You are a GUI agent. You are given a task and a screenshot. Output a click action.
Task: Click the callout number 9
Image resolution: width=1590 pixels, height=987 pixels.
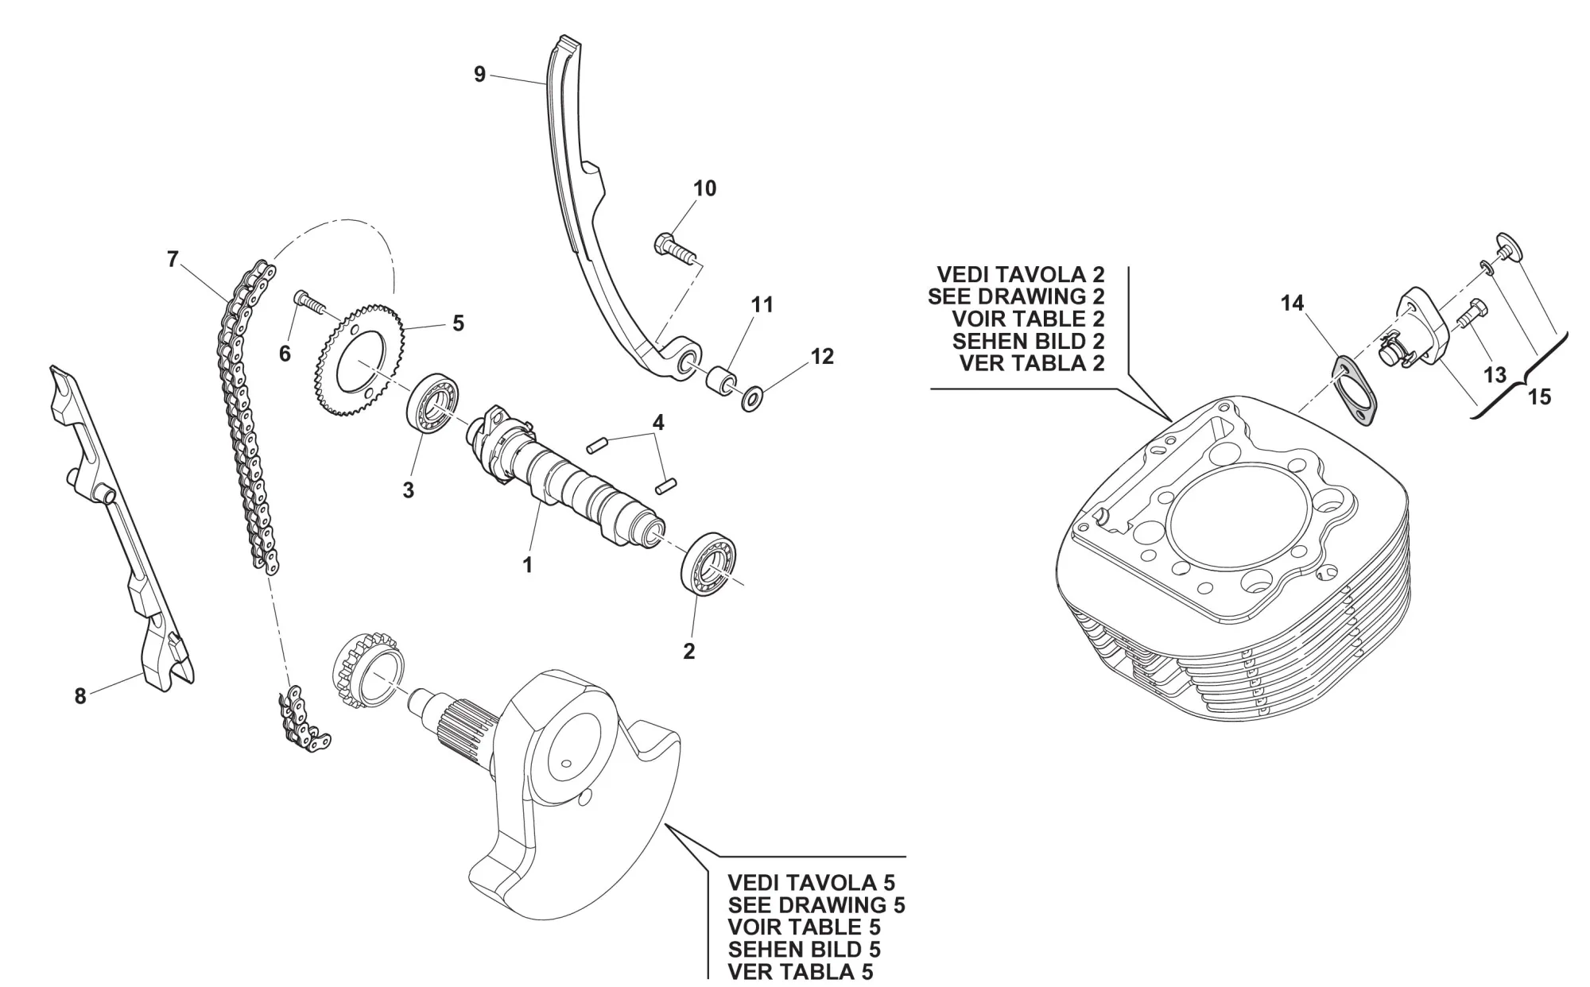click(x=479, y=75)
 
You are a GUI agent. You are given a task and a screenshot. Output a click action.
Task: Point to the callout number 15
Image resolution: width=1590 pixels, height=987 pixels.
click(x=1539, y=397)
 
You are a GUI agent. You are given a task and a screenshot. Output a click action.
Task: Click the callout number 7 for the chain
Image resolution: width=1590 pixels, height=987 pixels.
click(x=173, y=260)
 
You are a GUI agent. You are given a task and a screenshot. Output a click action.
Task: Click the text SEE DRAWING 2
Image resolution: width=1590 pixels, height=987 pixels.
click(x=1016, y=296)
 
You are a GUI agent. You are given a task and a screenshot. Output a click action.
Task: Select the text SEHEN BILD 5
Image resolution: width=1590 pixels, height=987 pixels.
click(x=804, y=949)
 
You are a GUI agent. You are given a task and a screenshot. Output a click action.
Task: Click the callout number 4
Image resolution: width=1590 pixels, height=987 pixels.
click(x=657, y=423)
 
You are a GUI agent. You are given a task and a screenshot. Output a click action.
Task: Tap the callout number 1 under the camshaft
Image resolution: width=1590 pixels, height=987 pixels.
click(x=526, y=565)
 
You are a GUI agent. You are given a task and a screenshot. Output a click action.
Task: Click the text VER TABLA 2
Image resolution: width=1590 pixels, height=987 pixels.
click(x=1032, y=363)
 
